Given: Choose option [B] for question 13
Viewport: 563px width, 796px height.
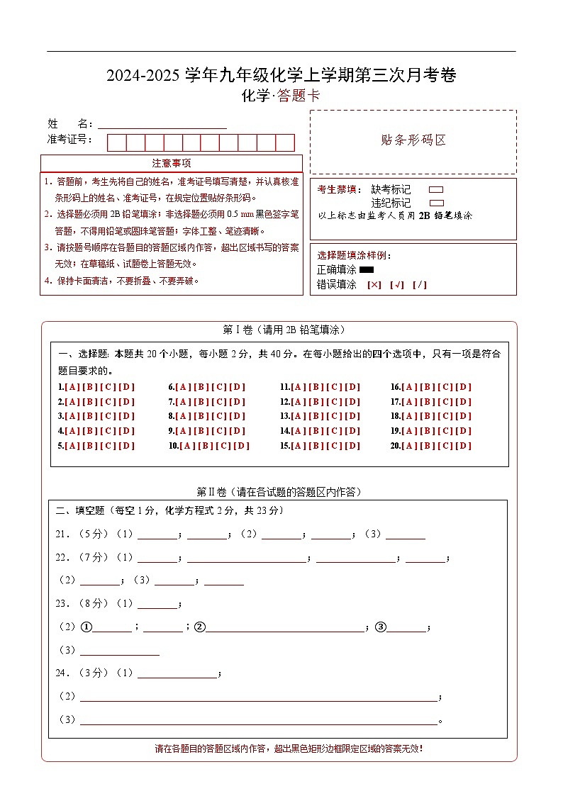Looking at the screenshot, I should point(316,416).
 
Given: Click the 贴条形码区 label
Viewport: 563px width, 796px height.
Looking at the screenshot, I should point(413,140).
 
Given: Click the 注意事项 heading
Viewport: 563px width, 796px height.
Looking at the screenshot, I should point(171,164).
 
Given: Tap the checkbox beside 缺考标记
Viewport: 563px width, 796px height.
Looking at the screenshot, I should point(436,190).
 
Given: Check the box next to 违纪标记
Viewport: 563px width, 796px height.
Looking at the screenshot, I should point(436,203).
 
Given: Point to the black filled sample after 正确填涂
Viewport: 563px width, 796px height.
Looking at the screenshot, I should point(367,269).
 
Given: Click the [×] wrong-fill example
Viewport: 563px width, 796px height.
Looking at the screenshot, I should point(374,285).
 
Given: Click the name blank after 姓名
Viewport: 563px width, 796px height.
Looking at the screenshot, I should point(162,124).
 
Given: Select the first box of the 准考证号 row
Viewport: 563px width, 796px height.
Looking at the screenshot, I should point(116,142).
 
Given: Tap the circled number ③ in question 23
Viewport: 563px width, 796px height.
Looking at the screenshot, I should point(380,627).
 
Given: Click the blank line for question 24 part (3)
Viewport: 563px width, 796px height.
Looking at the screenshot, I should point(259,720).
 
